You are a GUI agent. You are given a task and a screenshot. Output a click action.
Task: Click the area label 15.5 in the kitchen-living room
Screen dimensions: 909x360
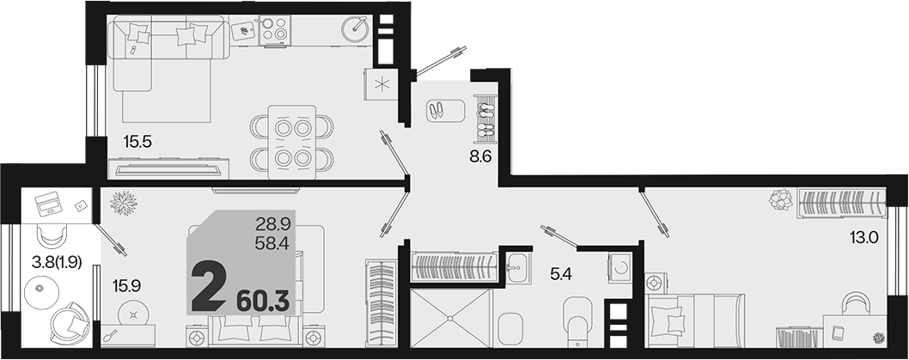click(x=137, y=142)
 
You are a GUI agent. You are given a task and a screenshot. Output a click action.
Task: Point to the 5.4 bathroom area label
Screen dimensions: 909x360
click(x=560, y=273)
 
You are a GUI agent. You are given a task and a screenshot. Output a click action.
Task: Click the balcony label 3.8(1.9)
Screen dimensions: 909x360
click(x=57, y=262)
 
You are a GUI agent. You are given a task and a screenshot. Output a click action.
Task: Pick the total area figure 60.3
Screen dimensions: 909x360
click(x=263, y=302)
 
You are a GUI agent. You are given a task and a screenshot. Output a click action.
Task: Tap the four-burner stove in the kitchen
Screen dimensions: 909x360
click(x=273, y=29)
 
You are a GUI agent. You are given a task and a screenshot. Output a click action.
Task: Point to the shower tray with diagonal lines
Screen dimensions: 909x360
click(x=450, y=318)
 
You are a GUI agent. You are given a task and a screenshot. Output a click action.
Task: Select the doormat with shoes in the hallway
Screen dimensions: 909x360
click(x=446, y=111)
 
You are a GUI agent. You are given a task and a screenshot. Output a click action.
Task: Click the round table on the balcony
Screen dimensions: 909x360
click(x=40, y=287)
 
